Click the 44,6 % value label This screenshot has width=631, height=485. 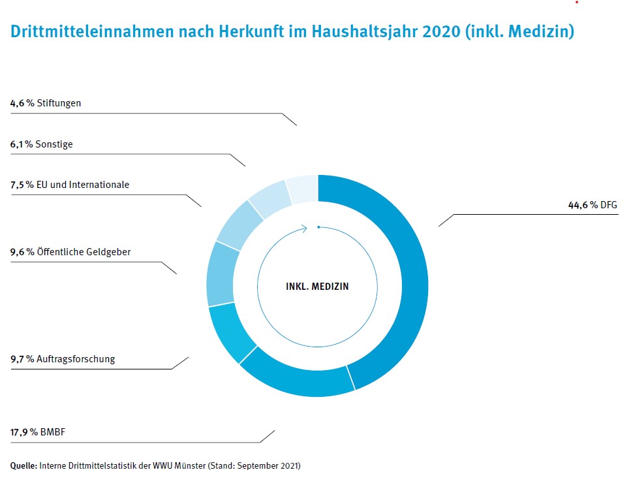tap(582, 205)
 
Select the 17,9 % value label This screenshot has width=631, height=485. tap(24, 431)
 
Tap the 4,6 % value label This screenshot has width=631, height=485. tap(22, 103)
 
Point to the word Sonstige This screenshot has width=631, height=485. tap(55, 144)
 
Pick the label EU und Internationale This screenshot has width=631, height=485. tap(84, 185)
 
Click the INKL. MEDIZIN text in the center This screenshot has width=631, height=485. tap(317, 286)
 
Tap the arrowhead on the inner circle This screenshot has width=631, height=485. tap(304, 228)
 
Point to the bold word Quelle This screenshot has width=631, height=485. tap(23, 465)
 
